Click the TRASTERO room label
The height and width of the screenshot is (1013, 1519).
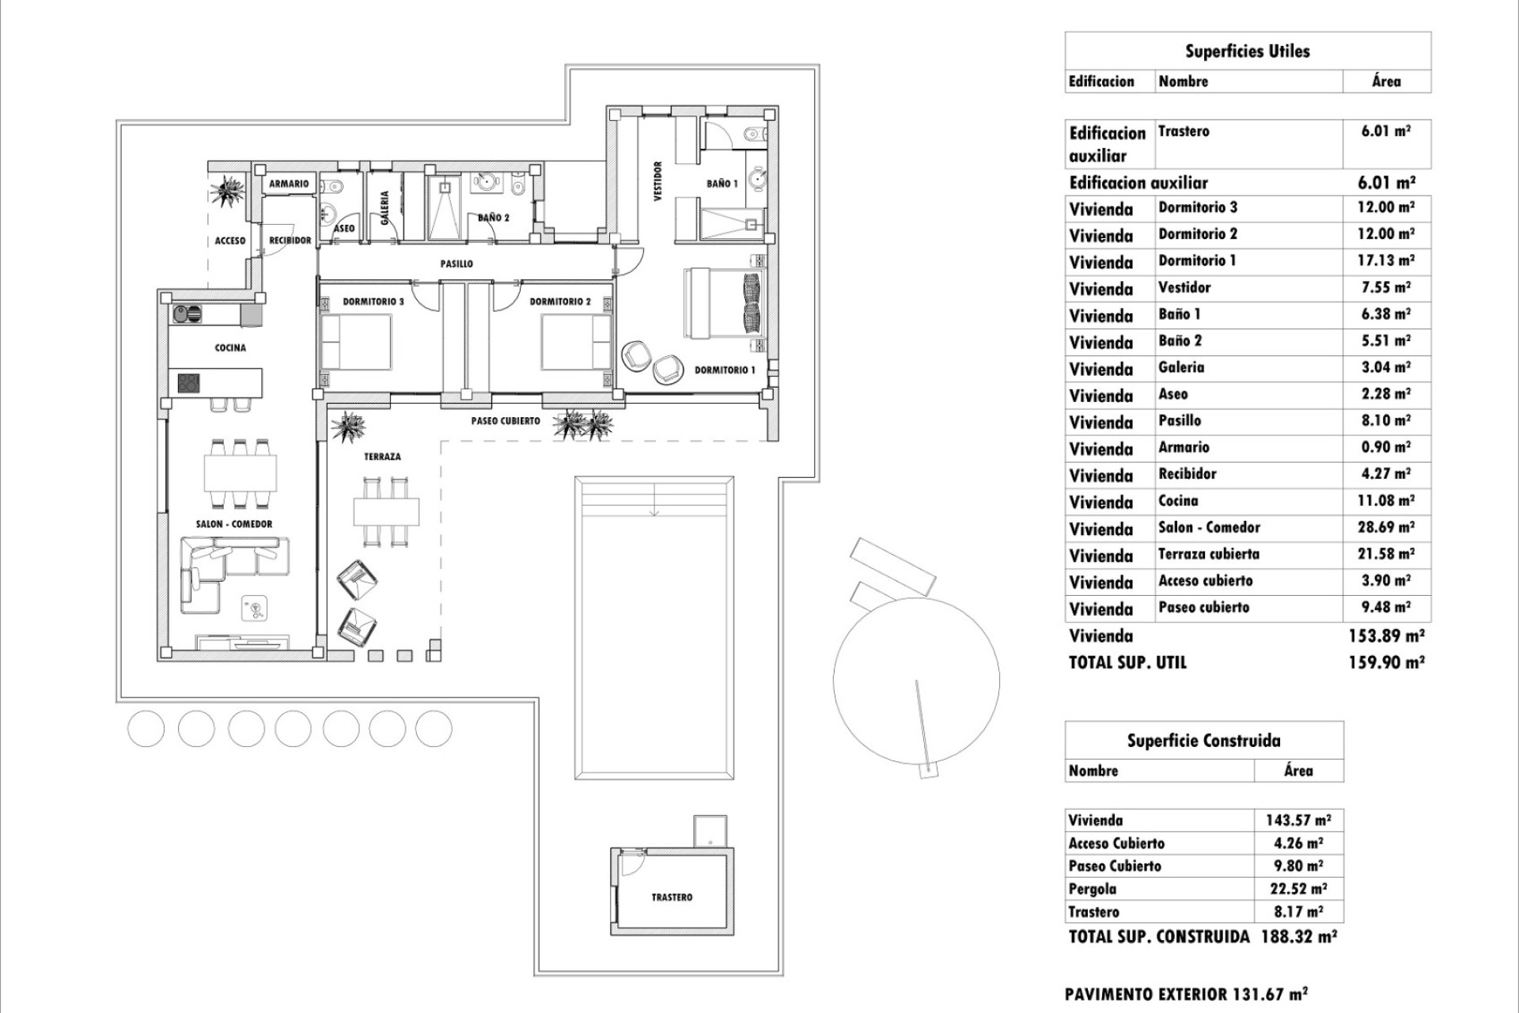click(672, 897)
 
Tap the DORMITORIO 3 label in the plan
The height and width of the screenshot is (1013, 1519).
click(373, 302)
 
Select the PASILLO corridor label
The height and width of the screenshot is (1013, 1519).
click(456, 264)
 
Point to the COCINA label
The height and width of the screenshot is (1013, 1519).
click(230, 347)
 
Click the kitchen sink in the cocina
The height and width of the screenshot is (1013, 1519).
click(188, 314)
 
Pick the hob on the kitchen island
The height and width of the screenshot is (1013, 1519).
click(189, 383)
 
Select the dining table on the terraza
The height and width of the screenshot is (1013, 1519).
click(386, 511)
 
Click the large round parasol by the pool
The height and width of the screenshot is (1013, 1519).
click(916, 678)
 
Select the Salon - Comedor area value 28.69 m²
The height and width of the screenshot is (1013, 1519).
click(1386, 527)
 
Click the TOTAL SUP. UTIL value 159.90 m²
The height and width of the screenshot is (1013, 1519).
click(1386, 662)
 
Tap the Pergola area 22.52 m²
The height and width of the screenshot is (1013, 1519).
click(1297, 889)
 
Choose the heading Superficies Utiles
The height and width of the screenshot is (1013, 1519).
click(1247, 51)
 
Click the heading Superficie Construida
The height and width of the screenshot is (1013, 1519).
click(1203, 741)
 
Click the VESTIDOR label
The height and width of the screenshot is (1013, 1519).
click(657, 182)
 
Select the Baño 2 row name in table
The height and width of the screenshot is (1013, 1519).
click(1180, 341)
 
